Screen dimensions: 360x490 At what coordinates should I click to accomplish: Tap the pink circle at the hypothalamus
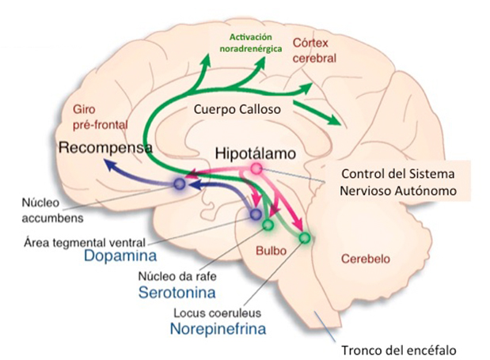click(256, 169)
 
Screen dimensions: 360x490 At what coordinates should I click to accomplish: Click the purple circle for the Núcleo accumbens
click(179, 185)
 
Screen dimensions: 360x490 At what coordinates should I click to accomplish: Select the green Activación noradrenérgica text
click(255, 44)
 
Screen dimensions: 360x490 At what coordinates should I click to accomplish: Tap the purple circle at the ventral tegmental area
click(256, 214)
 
